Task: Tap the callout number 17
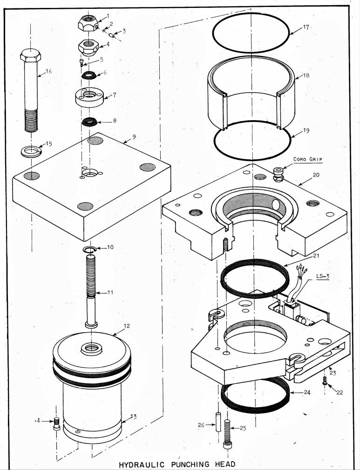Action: point(306,27)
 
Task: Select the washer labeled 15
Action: point(31,151)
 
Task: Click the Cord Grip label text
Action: point(307,159)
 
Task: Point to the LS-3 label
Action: point(323,276)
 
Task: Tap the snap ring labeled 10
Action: point(89,249)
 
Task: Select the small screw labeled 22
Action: point(325,381)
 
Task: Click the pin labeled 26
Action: point(218,422)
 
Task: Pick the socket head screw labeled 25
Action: point(227,434)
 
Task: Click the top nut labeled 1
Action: point(88,23)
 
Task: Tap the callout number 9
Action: point(134,136)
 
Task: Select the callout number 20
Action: point(316,175)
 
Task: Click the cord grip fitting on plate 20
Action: point(278,175)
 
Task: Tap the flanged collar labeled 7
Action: point(89,96)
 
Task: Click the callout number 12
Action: point(127,326)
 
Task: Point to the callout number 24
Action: point(307,392)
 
